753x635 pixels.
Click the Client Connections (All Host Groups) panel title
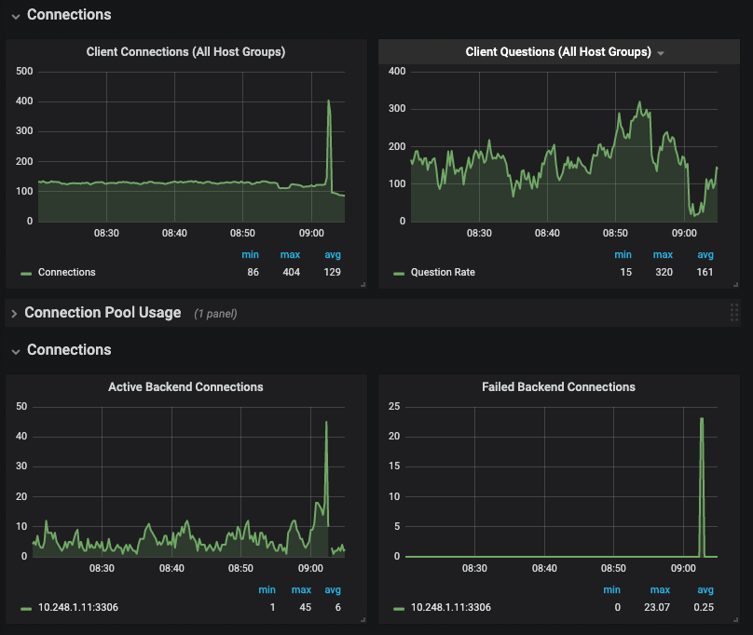(x=185, y=52)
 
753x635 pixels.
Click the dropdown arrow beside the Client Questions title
(x=661, y=53)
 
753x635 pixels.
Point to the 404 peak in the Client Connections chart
(x=328, y=101)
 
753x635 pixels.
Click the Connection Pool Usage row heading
(x=103, y=313)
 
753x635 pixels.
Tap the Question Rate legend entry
(x=443, y=273)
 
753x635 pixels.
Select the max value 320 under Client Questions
(x=663, y=273)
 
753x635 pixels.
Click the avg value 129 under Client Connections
(x=333, y=273)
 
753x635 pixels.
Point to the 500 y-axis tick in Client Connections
(x=24, y=72)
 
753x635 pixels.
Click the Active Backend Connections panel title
(x=185, y=387)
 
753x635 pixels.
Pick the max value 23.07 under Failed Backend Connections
(x=660, y=608)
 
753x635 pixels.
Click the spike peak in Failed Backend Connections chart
(x=701, y=419)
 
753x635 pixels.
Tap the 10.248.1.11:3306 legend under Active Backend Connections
(x=77, y=608)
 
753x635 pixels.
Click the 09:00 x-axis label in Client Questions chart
(x=684, y=233)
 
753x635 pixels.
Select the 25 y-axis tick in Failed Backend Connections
(x=393, y=406)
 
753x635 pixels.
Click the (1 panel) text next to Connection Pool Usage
(x=215, y=314)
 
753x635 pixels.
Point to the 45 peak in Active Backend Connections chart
(x=326, y=422)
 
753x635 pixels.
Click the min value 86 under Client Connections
(x=253, y=273)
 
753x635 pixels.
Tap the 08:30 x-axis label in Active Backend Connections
(x=102, y=568)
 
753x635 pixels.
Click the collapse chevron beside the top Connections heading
(x=16, y=16)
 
